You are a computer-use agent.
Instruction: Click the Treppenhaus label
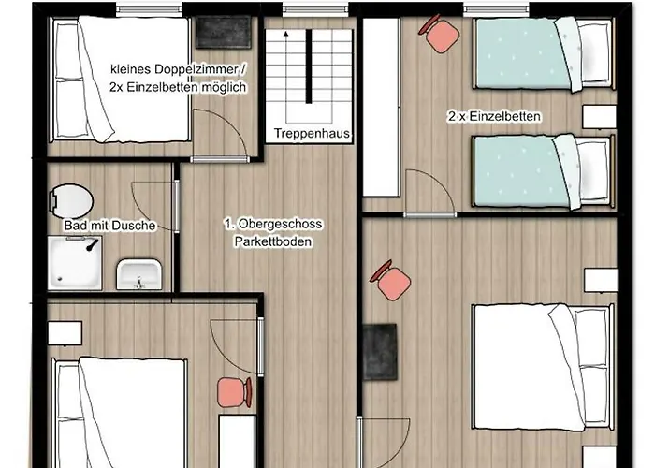pyautogui.click(x=312, y=133)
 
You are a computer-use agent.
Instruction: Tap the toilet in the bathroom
pyautogui.click(x=71, y=201)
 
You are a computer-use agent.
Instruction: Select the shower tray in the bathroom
pyautogui.click(x=75, y=263)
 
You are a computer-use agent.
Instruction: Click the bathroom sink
pyautogui.click(x=139, y=274)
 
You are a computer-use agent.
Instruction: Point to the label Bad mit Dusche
pyautogui.click(x=109, y=226)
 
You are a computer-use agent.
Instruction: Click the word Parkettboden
pyautogui.click(x=273, y=241)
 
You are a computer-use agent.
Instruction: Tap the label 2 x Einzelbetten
pyautogui.click(x=495, y=116)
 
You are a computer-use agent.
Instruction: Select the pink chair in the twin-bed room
pyautogui.click(x=440, y=35)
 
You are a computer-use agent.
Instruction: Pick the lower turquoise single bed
pyautogui.click(x=544, y=171)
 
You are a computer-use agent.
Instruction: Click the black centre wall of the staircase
pyautogui.click(x=309, y=66)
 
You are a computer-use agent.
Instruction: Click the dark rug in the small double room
pyautogui.click(x=224, y=32)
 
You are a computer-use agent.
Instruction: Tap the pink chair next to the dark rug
pyautogui.click(x=390, y=280)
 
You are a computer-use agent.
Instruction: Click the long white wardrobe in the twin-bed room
pyautogui.click(x=381, y=107)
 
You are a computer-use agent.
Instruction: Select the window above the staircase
pyautogui.click(x=315, y=8)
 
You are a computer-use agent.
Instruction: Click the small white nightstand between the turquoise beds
pyautogui.click(x=599, y=117)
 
